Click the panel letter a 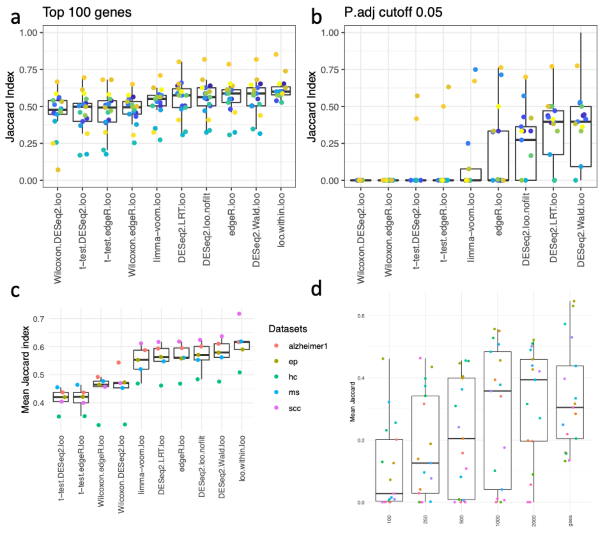[15, 18]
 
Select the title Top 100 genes [87, 12]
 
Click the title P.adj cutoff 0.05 [393, 12]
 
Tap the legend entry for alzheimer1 [308, 346]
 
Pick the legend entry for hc [293, 377]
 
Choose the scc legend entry [294, 408]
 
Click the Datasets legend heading [288, 329]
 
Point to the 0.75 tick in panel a [28, 70]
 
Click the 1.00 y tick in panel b [330, 33]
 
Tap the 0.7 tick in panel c [38, 319]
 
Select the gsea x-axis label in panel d [570, 520]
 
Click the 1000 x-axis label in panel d [498, 520]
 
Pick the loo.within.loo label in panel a [281, 220]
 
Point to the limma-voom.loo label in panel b [470, 227]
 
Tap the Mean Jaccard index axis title [25, 369]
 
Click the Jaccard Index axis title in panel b [312, 107]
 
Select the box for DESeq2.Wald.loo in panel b [581, 136]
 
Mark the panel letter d [316, 289]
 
